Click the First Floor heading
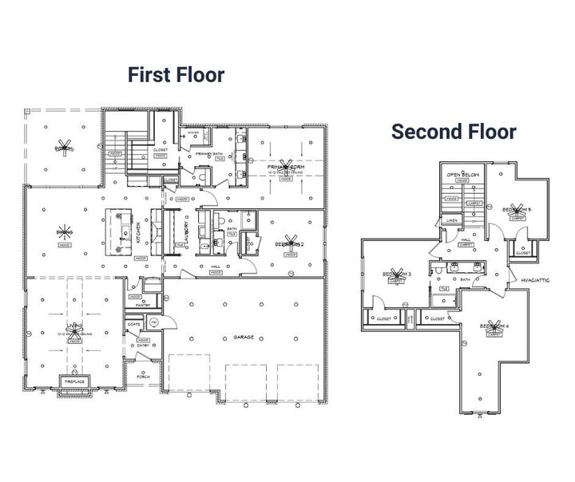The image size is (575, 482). tap(176, 75)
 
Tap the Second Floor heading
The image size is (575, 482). tap(453, 131)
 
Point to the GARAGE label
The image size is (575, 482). tap(243, 338)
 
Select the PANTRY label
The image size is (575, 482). tap(143, 305)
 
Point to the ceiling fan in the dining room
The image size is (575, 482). tap(64, 232)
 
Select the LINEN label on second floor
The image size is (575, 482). tap(452, 220)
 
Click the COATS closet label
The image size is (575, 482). tap(133, 324)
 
